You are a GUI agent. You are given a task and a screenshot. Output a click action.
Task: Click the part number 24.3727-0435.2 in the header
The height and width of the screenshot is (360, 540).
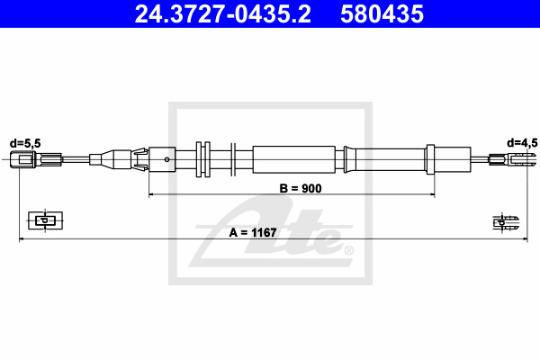222,14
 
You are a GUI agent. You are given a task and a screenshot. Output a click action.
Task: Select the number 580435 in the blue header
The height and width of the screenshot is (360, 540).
382,14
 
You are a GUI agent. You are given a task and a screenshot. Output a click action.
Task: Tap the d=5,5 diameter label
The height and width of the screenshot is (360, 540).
25,143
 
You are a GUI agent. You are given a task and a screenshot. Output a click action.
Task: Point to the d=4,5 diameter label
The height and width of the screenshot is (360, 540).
522,142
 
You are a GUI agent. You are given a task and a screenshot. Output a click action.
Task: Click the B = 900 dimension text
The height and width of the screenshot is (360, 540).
301,188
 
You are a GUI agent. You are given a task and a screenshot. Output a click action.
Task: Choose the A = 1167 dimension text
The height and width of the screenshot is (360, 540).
253,233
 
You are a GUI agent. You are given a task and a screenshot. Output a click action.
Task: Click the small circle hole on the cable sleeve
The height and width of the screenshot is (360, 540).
167,159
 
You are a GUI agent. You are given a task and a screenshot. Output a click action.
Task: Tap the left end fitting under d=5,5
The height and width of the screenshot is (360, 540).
36,159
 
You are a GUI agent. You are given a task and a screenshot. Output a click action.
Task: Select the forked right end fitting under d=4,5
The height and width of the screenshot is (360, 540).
512,159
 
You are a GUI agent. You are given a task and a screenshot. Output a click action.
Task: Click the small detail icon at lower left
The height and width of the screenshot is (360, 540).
45,220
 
